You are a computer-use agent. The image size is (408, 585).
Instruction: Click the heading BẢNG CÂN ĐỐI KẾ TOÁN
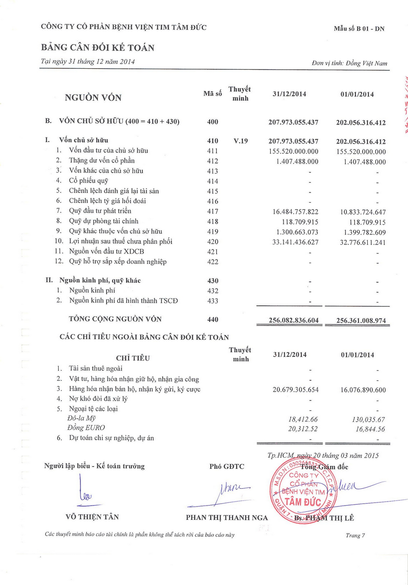(97, 48)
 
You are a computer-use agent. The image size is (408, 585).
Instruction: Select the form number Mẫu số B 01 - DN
(359, 29)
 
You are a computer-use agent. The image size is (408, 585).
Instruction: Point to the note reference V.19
(241, 141)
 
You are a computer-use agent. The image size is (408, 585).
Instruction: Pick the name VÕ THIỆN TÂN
(92, 517)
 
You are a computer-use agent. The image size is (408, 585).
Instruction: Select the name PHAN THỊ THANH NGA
(227, 517)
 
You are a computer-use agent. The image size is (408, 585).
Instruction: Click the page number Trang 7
(355, 535)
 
